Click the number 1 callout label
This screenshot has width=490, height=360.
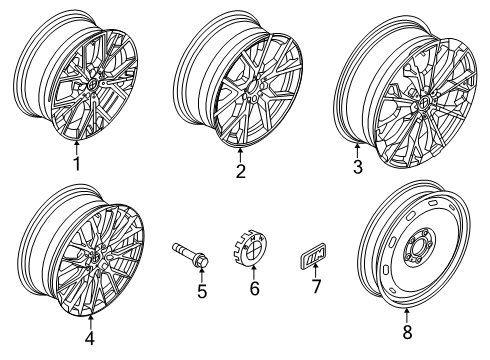click(x=75, y=163)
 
